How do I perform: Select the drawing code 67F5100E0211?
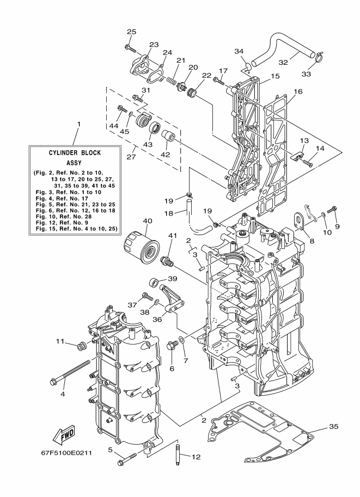pos(66,452)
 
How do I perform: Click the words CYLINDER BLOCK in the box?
pos(75,153)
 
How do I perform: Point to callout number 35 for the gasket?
pos(334,427)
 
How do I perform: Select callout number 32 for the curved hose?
pos(283,62)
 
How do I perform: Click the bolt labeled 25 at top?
pos(130,48)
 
